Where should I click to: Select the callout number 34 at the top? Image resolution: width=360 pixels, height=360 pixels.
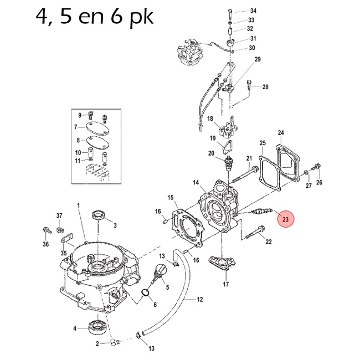[x=253, y=11]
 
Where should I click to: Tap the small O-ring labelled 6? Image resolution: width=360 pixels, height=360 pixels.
[x=146, y=292]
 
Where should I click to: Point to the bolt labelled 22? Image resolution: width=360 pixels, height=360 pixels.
[x=253, y=233]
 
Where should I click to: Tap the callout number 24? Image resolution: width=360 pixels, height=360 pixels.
[x=280, y=133]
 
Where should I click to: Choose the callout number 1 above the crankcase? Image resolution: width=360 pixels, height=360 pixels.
[x=79, y=205]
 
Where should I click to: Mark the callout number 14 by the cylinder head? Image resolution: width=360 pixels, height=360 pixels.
[x=196, y=182]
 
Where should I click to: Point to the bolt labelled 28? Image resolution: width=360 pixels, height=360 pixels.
[x=249, y=84]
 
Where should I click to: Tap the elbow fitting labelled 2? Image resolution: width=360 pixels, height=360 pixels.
[x=114, y=342]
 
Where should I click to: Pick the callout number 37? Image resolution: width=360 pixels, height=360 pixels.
[x=59, y=215]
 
